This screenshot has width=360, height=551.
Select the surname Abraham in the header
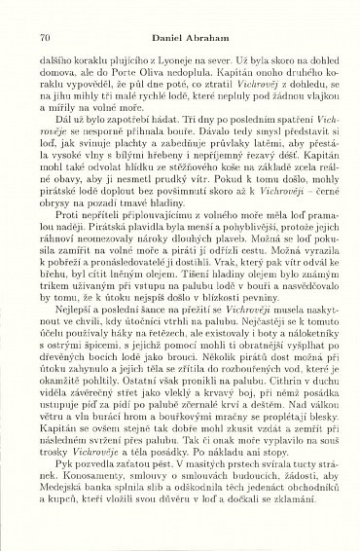pyautogui.click(x=206, y=37)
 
